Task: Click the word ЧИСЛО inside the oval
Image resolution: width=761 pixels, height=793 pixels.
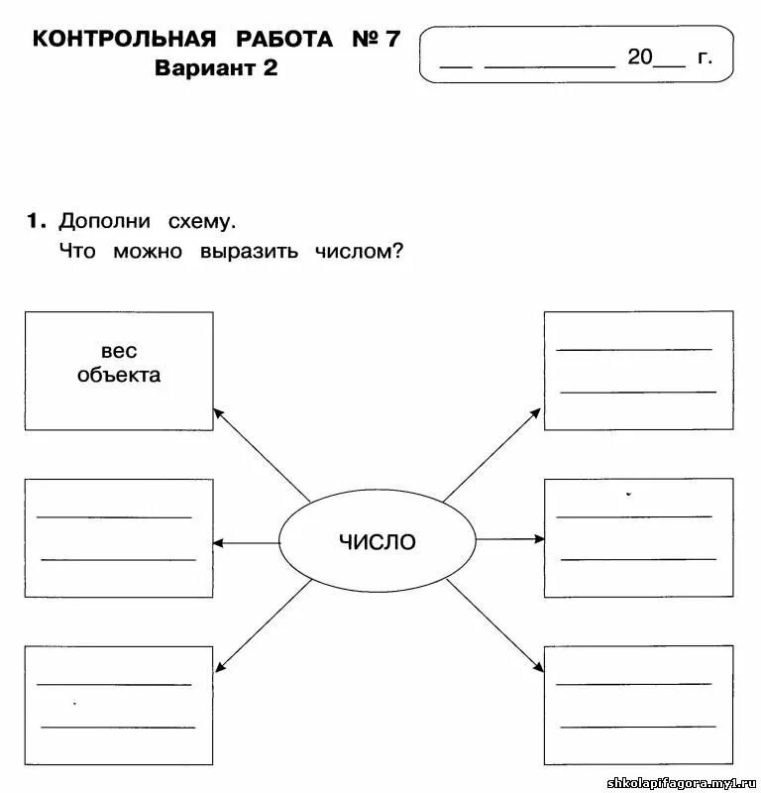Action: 378,542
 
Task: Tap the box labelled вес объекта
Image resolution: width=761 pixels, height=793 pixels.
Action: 118,371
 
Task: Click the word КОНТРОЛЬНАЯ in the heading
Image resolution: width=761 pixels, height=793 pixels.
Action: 124,40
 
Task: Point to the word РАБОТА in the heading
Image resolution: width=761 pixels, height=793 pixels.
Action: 285,40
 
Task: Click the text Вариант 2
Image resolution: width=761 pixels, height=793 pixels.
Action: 217,68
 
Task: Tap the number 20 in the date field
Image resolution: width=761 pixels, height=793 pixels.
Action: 640,57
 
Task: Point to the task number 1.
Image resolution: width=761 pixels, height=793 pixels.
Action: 35,220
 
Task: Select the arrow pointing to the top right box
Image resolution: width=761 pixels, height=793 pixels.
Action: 492,453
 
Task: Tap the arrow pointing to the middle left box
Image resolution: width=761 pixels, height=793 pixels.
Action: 246,542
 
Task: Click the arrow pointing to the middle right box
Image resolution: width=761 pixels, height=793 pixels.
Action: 511,539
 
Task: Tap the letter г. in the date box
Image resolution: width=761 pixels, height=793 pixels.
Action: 705,57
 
